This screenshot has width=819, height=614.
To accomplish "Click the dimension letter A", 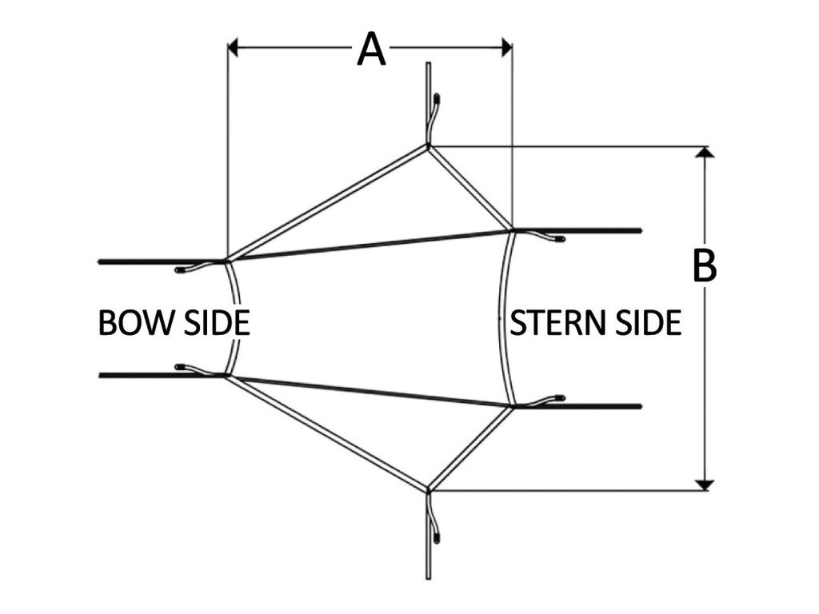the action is point(371,49).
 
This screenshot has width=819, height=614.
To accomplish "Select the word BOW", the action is point(135,322).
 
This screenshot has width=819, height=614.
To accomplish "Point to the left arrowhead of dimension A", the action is point(233,47).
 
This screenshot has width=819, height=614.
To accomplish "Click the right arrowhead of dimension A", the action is point(506,47).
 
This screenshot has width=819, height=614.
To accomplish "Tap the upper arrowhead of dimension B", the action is point(705,151).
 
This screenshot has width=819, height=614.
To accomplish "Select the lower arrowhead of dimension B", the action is point(705,485).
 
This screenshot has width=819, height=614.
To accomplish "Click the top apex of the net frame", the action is point(428,147).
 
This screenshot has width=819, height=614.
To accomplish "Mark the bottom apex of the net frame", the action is point(428,490).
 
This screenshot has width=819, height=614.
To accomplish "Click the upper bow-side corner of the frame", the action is point(226,260).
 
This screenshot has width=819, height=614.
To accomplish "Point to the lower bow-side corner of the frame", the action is point(226,375).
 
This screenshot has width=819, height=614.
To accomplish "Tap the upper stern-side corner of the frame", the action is point(513,229).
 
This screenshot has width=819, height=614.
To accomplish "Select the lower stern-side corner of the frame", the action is point(513,406).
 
